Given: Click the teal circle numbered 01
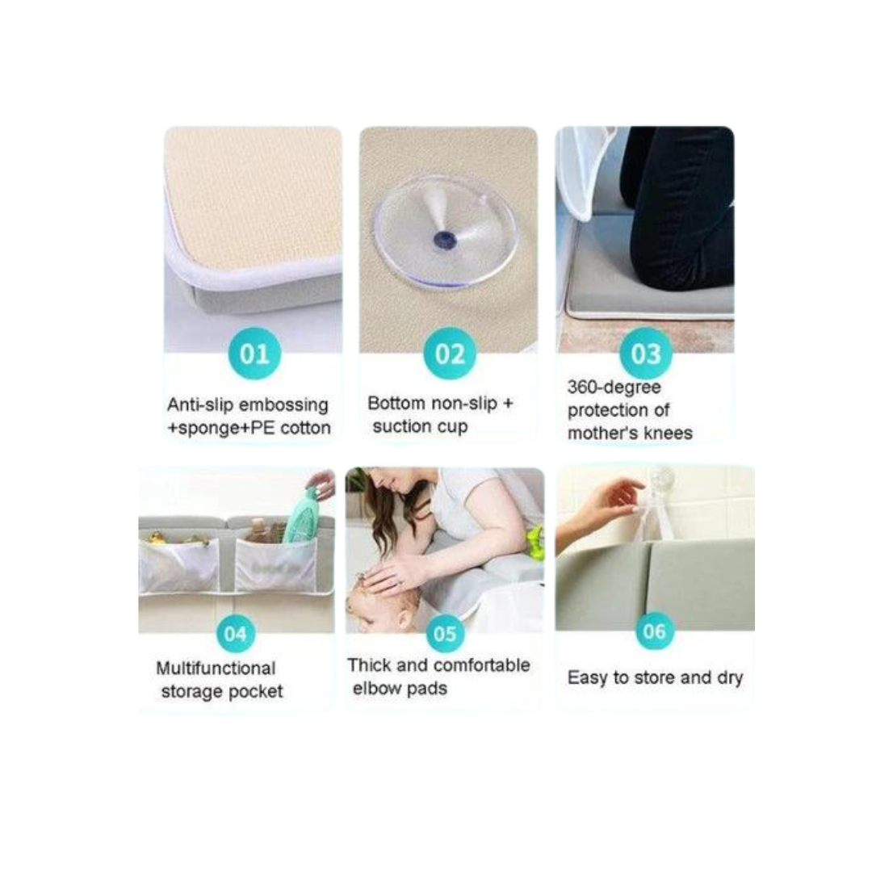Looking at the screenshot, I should [x=254, y=354].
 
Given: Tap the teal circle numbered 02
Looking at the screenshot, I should [x=450, y=354].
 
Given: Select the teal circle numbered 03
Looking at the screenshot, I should [x=645, y=354].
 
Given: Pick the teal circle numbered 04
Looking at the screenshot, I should [x=235, y=634].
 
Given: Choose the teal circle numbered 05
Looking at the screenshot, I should [x=445, y=634].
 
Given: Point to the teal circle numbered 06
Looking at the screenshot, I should [x=655, y=630].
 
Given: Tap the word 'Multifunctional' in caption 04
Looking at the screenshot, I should [x=216, y=669].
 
